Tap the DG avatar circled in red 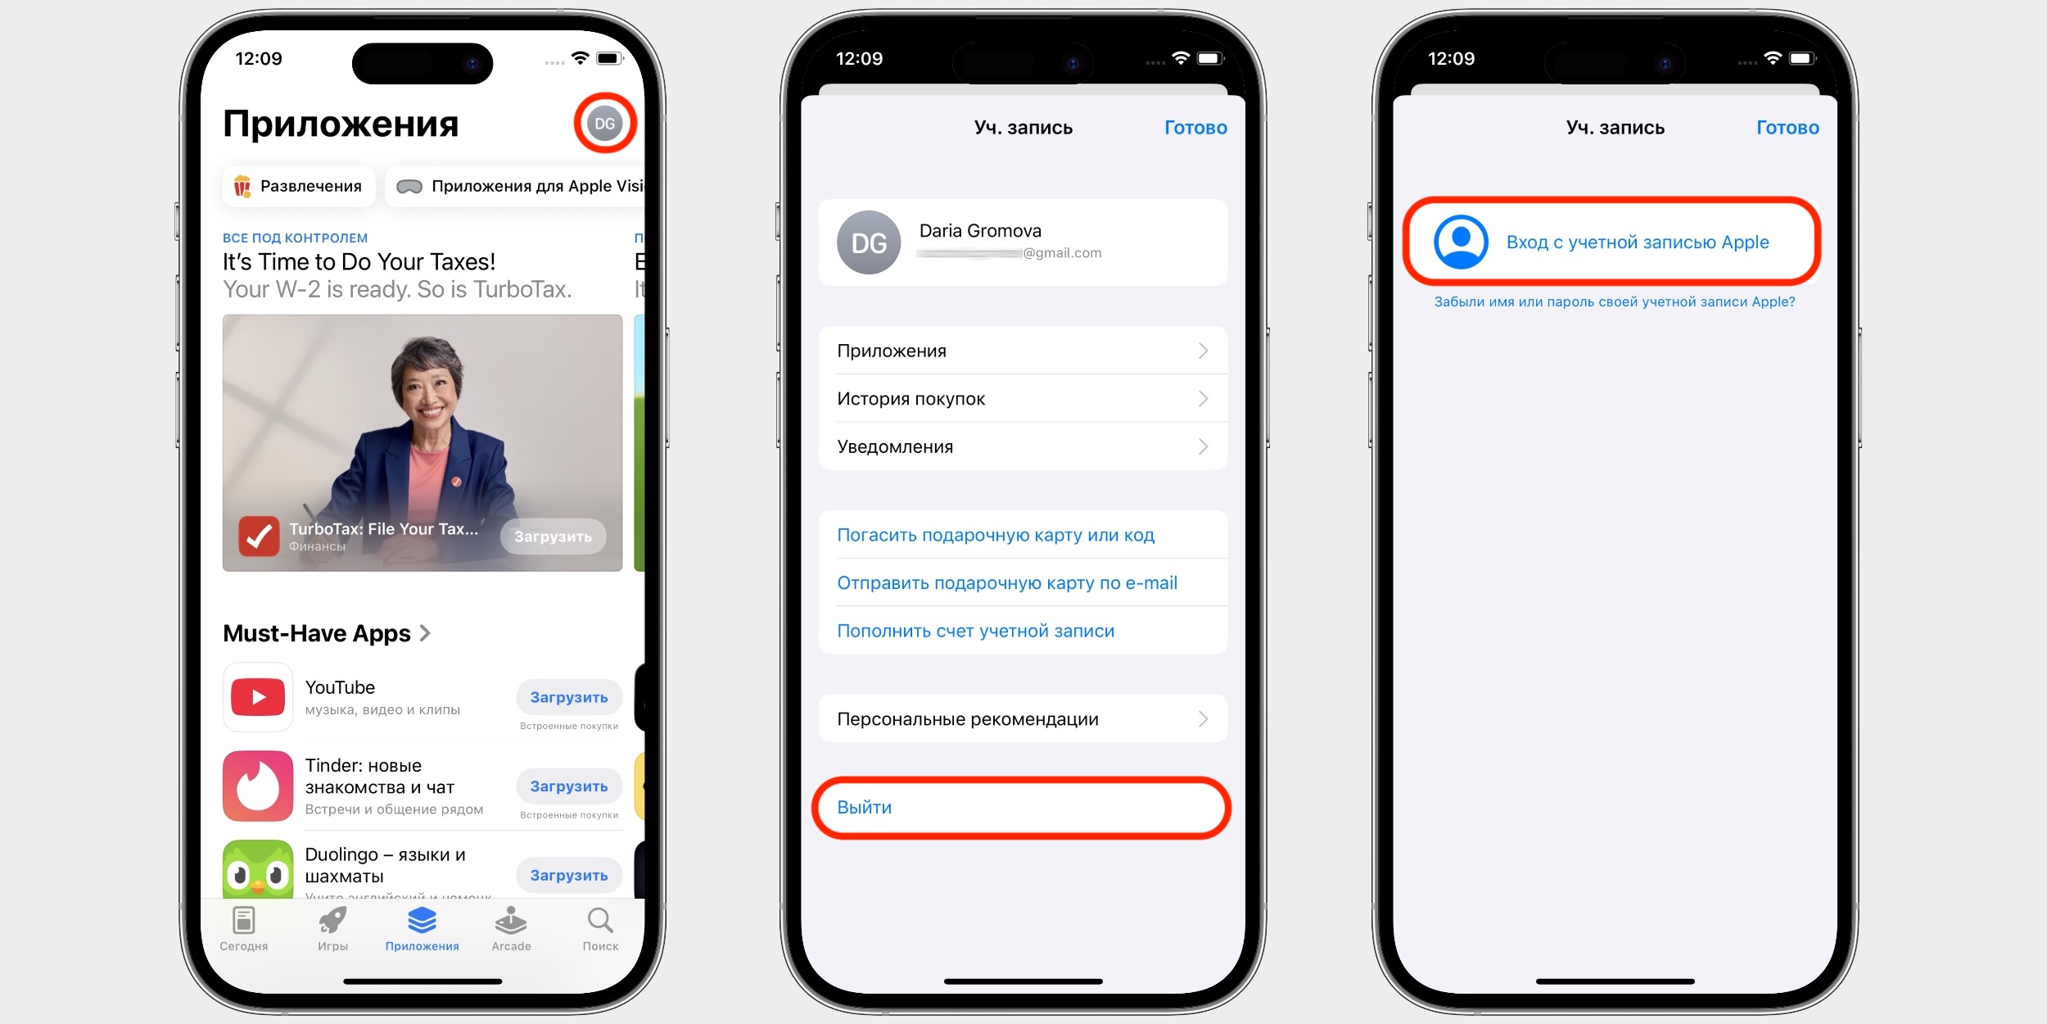click(605, 124)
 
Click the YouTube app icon click(258, 697)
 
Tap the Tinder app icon click(258, 786)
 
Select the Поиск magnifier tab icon click(600, 921)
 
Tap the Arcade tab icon click(511, 921)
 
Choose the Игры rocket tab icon click(332, 921)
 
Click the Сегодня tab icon click(244, 921)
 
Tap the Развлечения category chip click(299, 187)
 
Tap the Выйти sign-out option click(865, 808)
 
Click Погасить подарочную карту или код click(996, 536)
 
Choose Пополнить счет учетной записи click(975, 632)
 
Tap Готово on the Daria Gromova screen click(1195, 128)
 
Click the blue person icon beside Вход click(1461, 242)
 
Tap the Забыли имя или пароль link click(1615, 302)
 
